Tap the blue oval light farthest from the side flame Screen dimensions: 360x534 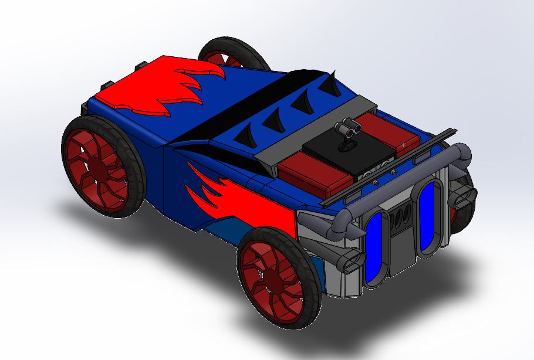tap(428, 216)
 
